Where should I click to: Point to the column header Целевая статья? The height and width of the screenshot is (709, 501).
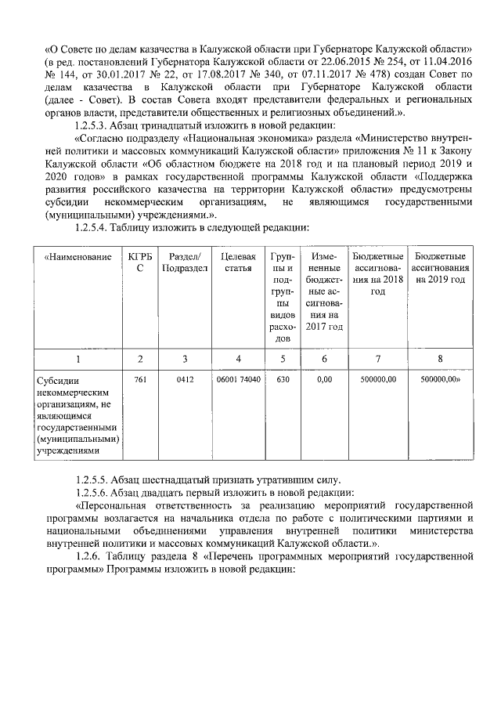click(x=238, y=262)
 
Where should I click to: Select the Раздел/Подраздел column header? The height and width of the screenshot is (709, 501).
click(x=184, y=262)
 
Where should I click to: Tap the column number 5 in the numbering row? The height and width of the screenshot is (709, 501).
click(x=282, y=358)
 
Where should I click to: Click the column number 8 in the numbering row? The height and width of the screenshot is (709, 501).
click(x=440, y=358)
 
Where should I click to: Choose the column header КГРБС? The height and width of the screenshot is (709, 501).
click(x=140, y=262)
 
